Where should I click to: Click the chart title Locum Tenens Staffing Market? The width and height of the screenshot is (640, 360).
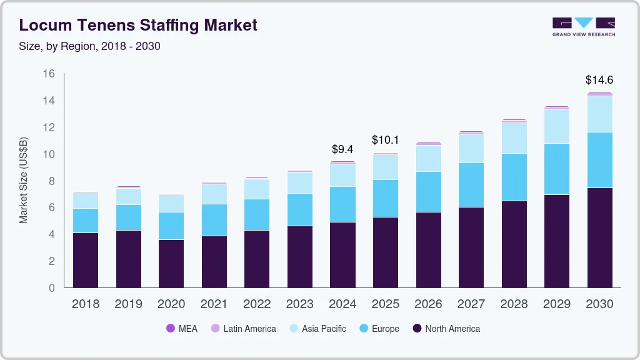pyautogui.click(x=138, y=25)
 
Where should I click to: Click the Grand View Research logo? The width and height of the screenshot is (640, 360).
pyautogui.click(x=583, y=26)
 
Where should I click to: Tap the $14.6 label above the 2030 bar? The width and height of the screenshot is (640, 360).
pyautogui.click(x=599, y=80)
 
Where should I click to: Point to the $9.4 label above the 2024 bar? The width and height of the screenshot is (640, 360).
pyautogui.click(x=342, y=149)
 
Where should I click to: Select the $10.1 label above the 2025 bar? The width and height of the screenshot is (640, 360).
pyautogui.click(x=385, y=139)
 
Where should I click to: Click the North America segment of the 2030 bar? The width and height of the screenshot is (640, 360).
pyautogui.click(x=599, y=237)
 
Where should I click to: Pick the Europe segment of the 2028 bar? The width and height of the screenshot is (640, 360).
pyautogui.click(x=513, y=177)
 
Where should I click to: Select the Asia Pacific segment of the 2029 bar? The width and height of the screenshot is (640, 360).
pyautogui.click(x=556, y=126)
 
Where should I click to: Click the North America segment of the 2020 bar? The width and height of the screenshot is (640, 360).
pyautogui.click(x=171, y=263)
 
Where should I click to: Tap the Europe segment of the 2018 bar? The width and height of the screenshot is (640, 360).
pyautogui.click(x=86, y=220)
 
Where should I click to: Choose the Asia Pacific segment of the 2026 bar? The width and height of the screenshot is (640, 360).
pyautogui.click(x=428, y=158)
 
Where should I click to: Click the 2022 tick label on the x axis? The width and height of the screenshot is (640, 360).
pyautogui.click(x=257, y=304)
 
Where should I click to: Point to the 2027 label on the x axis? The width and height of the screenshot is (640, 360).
pyautogui.click(x=471, y=304)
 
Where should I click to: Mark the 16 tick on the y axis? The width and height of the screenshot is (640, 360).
pyautogui.click(x=48, y=74)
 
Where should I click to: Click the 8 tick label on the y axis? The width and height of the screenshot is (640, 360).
pyautogui.click(x=52, y=181)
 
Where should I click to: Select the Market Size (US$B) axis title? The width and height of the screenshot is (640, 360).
pyautogui.click(x=24, y=180)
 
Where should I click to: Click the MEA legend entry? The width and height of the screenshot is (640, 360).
pyautogui.click(x=182, y=329)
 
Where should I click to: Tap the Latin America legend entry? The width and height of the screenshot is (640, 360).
pyautogui.click(x=244, y=329)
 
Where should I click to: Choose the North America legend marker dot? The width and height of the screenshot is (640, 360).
pyautogui.click(x=417, y=329)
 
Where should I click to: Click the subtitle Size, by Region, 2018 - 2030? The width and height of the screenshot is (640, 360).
pyautogui.click(x=90, y=46)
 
